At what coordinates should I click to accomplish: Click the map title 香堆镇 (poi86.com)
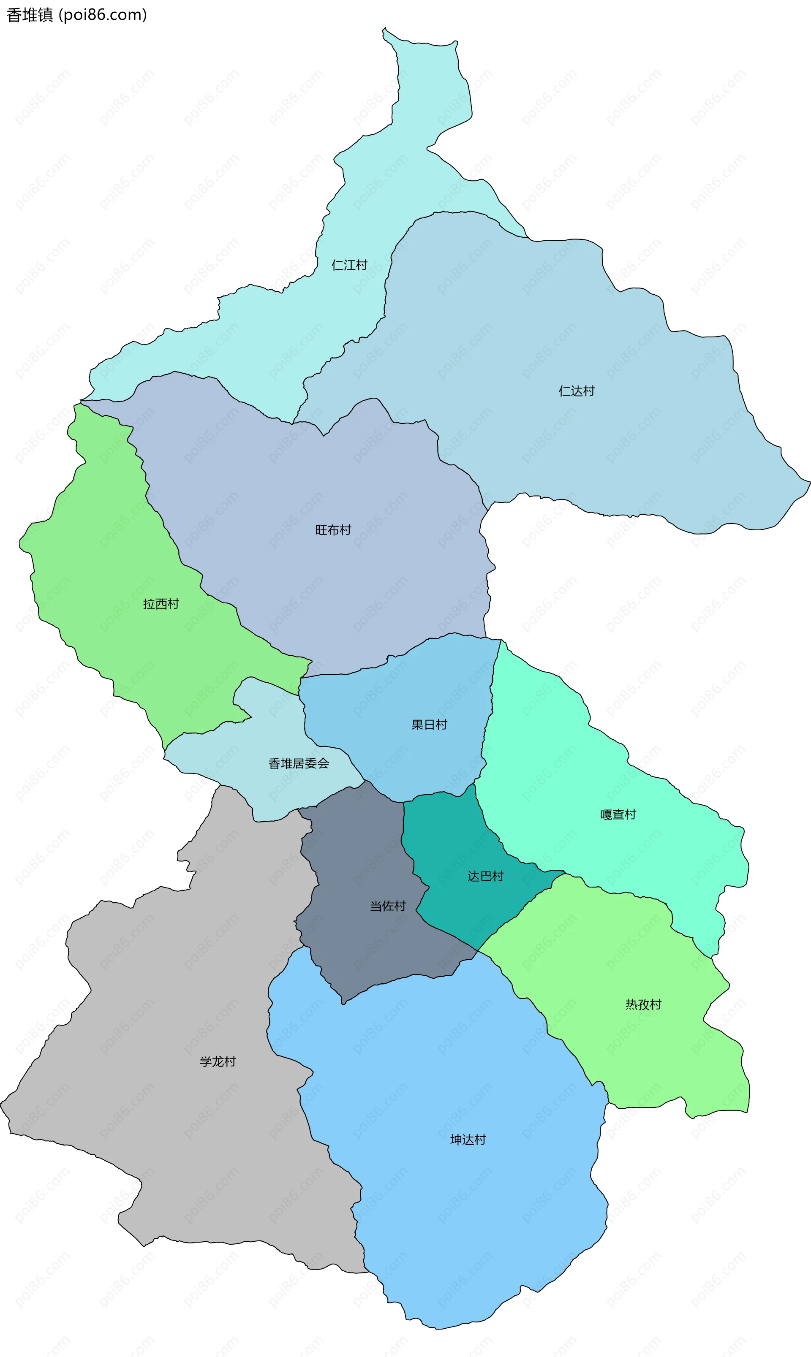tap(76, 15)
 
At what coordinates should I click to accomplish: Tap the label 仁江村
tap(349, 265)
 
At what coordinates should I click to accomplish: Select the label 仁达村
tap(576, 391)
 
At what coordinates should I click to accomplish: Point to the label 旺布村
tap(333, 530)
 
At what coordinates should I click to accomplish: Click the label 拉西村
tap(161, 604)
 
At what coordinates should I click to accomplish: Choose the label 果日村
tap(429, 725)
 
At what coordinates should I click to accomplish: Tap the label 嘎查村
tap(618, 814)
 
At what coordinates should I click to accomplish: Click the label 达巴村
tap(485, 876)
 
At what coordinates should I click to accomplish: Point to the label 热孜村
tap(643, 1004)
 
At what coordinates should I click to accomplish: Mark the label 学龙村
tap(218, 1061)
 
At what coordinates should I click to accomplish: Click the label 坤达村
tap(468, 1140)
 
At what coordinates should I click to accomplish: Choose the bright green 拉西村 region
tap(109, 546)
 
